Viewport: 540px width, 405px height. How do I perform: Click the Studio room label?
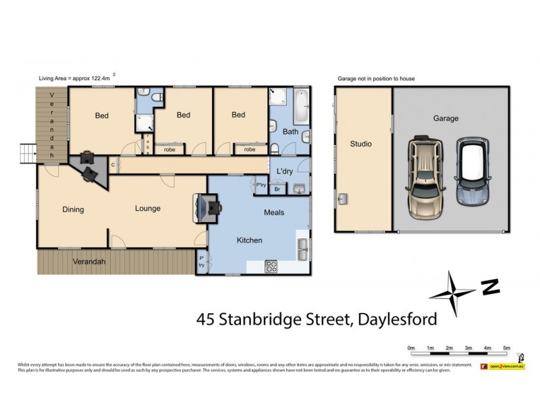click(x=360, y=144)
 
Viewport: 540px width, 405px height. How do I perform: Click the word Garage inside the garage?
click(x=446, y=118)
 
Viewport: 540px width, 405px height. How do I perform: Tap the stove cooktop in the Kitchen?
click(x=272, y=266)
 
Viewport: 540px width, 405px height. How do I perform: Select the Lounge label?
click(x=147, y=209)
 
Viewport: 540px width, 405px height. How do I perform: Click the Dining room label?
click(x=73, y=209)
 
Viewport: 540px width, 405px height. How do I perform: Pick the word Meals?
click(x=273, y=213)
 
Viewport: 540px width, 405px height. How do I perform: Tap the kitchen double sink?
click(x=302, y=248)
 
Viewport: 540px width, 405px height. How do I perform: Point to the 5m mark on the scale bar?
click(x=506, y=348)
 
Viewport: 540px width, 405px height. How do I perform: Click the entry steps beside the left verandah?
click(x=26, y=154)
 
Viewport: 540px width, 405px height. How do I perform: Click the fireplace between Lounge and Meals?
click(x=207, y=207)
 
